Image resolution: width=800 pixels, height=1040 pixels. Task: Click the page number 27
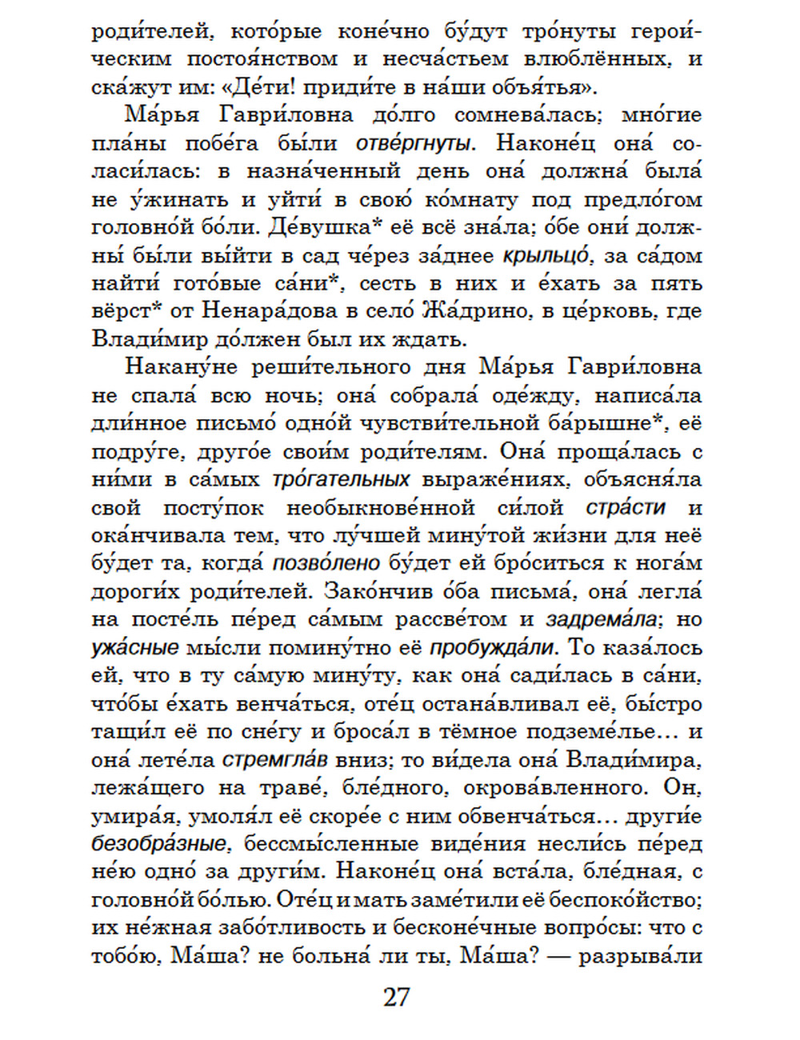[x=397, y=998]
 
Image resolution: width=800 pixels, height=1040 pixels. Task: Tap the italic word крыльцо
[x=546, y=256]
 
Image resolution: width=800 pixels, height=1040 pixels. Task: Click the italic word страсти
[x=626, y=508]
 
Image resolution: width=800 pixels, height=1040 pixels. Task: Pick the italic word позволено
[x=326, y=563]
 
